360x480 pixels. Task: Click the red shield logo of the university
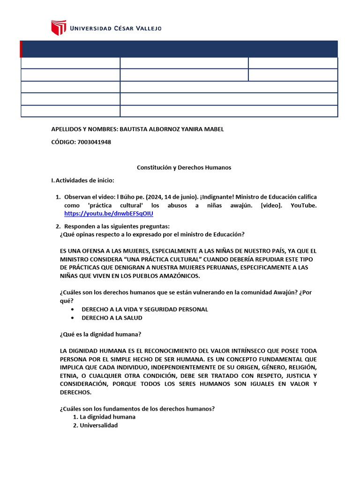click(x=59, y=28)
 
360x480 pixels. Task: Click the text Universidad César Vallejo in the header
click(x=115, y=29)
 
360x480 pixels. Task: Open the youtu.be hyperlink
click(x=108, y=213)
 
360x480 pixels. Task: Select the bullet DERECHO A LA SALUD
click(x=112, y=318)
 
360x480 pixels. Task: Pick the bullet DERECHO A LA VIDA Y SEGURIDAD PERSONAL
click(x=145, y=309)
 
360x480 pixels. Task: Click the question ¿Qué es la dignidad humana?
click(x=101, y=334)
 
